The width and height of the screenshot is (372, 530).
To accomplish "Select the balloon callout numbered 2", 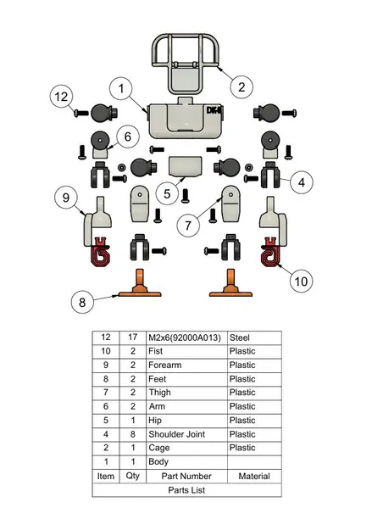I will (242, 86).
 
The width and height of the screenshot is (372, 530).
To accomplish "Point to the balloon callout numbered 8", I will (81, 299).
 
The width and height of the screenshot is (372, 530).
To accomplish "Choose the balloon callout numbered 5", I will (168, 194).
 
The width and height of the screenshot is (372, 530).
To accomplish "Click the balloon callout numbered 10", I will (300, 279).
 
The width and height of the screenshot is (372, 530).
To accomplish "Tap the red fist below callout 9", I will (101, 253).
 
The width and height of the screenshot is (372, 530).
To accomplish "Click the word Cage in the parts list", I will (159, 448).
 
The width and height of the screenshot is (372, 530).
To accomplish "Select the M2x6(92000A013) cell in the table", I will (185, 338).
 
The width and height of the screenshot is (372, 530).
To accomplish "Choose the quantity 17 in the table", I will (132, 338).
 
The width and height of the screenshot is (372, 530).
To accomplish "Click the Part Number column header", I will (186, 476).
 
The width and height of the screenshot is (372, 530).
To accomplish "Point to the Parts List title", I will (186, 489).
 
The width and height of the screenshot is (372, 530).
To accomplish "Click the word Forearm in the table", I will (166, 365).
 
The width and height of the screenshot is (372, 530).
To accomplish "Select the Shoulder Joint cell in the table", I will (176, 434).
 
